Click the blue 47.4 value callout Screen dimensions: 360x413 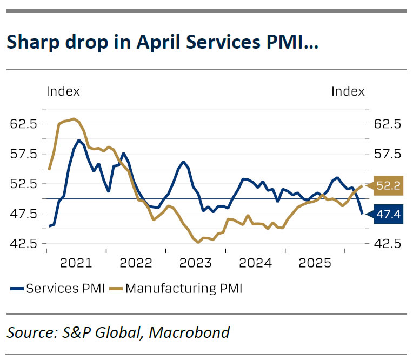[x=387, y=215]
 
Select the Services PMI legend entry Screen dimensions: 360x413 [x=58, y=288]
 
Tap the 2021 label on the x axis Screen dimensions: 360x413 [x=76, y=263]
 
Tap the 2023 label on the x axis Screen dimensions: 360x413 [x=196, y=263]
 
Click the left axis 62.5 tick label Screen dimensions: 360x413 [x=23, y=124]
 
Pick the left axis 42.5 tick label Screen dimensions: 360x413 [x=23, y=243]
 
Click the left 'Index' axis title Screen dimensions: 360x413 [x=63, y=91]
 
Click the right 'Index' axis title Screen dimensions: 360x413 [x=348, y=91]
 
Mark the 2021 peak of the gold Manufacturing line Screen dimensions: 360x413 [x=74, y=118]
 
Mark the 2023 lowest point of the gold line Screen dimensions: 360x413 [x=198, y=243]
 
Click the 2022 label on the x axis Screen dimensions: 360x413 [x=136, y=263]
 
